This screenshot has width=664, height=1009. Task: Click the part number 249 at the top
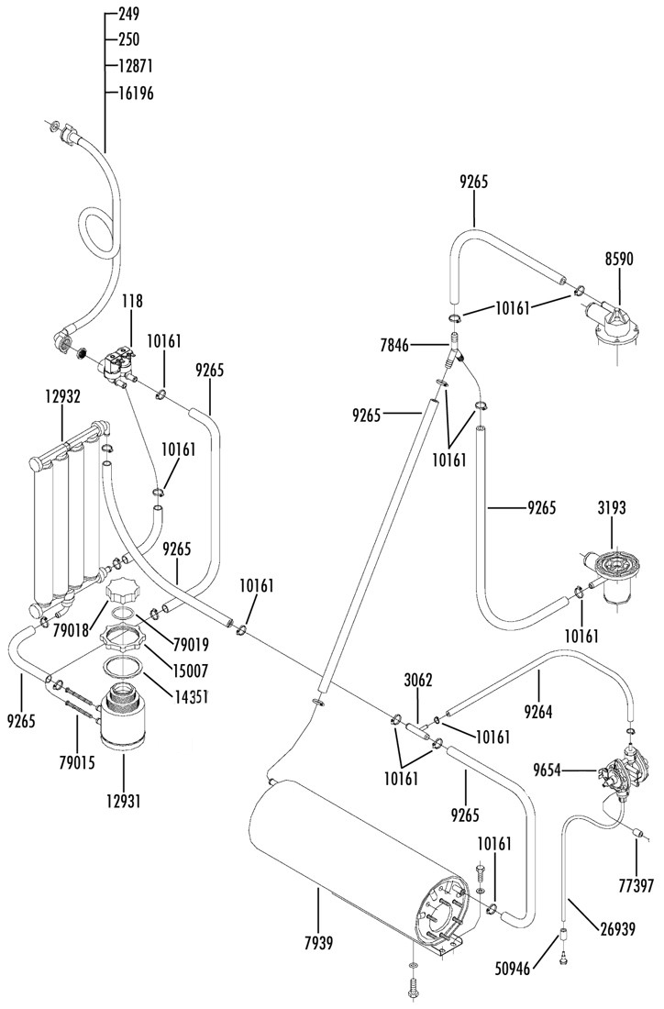point(128,14)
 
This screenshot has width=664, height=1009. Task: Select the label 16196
point(136,94)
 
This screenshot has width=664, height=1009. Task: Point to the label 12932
point(62,396)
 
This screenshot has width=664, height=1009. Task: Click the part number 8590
point(619,259)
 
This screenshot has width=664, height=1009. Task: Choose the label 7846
point(394,346)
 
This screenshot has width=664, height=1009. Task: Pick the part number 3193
point(612,508)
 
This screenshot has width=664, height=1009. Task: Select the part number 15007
point(191,671)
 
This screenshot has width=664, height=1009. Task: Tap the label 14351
point(191,696)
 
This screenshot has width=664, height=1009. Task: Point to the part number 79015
point(76,763)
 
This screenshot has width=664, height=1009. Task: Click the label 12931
point(124,802)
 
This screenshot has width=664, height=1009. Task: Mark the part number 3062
point(418,680)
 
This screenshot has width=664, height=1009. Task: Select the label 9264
point(538,712)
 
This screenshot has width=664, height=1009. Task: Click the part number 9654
point(548,770)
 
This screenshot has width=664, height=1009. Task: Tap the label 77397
point(636,885)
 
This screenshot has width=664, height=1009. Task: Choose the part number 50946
point(514,968)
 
